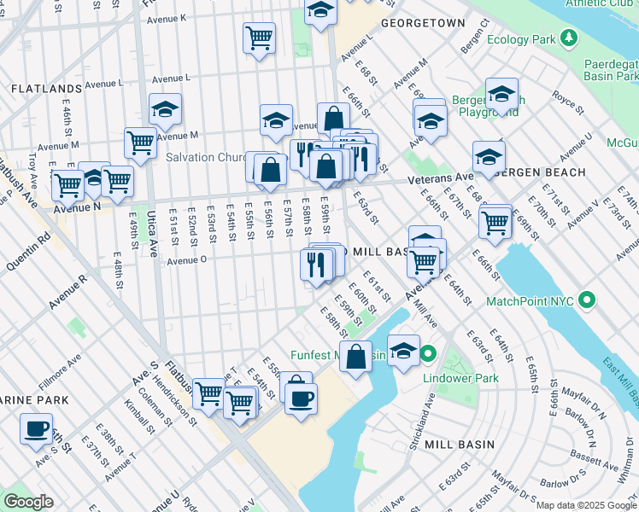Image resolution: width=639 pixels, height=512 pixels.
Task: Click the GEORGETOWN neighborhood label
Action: tap(423, 23)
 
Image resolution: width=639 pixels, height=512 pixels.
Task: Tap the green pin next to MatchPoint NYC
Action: tap(586, 300)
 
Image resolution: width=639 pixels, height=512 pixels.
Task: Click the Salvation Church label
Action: tap(207, 157)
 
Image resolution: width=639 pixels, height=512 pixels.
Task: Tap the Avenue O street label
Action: tap(186, 261)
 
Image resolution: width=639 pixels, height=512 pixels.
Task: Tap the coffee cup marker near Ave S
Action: tap(36, 428)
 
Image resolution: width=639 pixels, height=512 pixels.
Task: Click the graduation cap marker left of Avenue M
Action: tap(165, 108)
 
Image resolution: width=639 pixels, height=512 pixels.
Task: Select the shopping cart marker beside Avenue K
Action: tap(259, 38)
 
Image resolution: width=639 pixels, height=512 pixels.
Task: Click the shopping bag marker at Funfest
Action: tap(355, 356)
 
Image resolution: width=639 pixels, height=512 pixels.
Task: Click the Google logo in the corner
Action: tap(28, 502)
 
